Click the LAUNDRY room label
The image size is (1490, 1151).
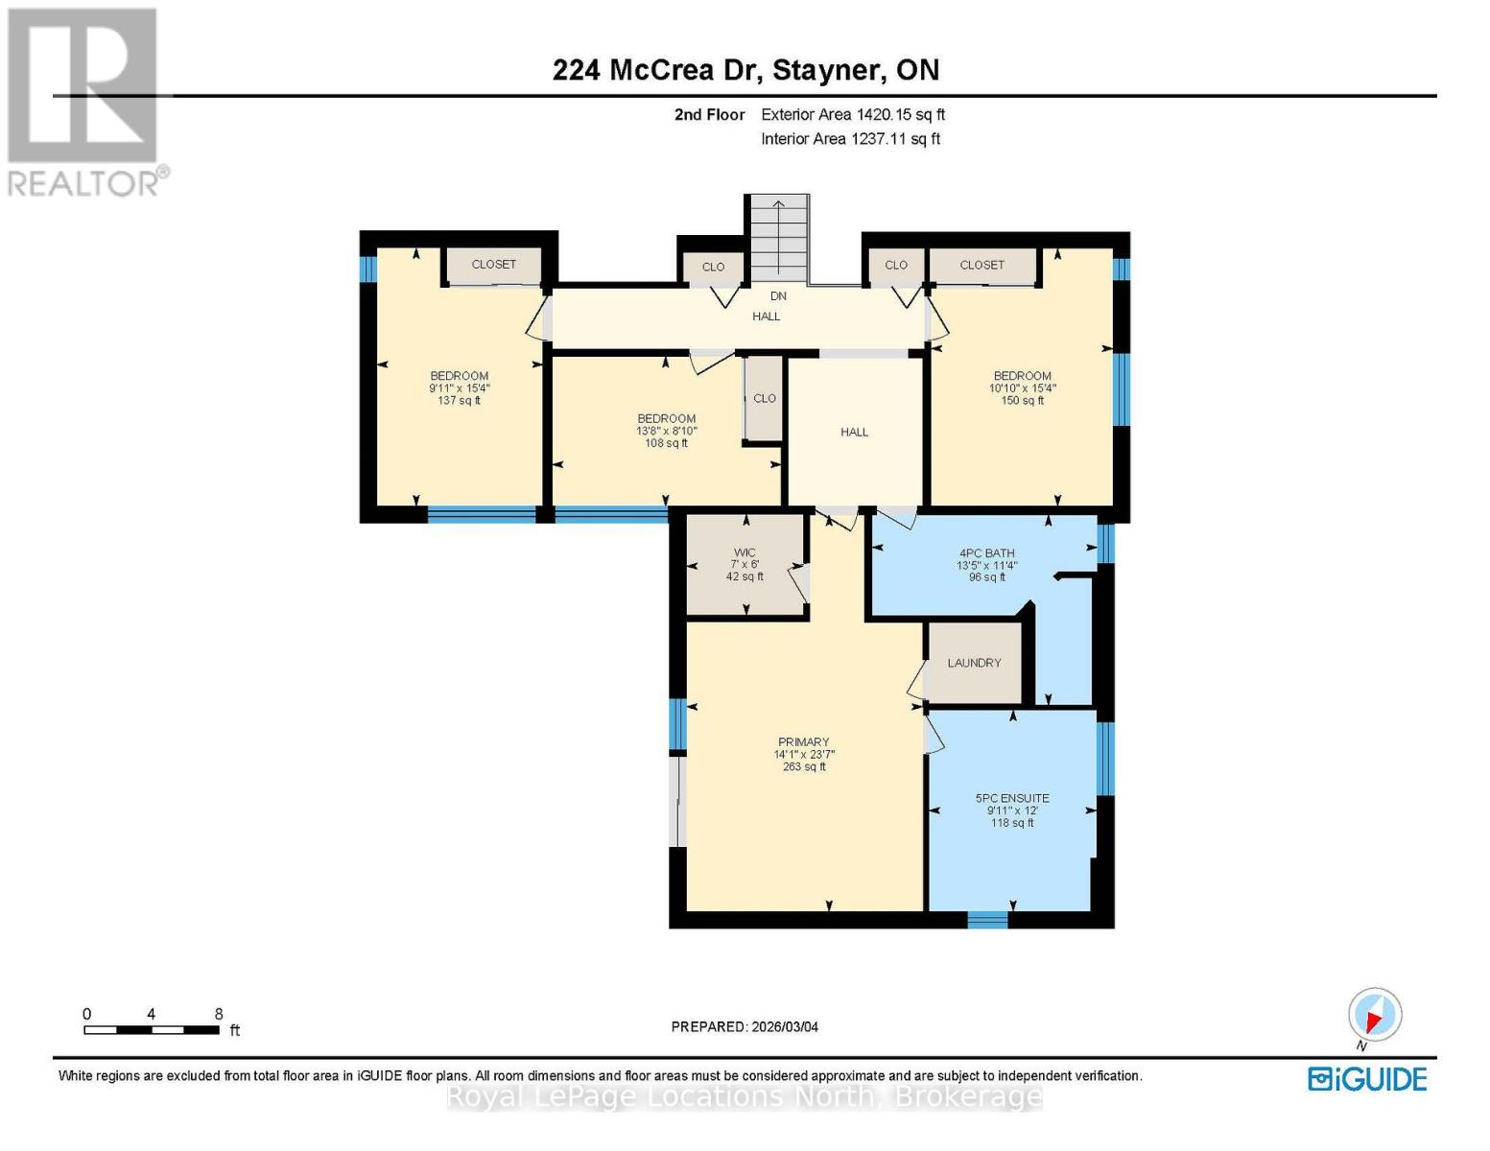pyautogui.click(x=974, y=663)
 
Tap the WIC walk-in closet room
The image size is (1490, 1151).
pyautogui.click(x=745, y=564)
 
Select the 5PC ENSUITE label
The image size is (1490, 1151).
pyautogui.click(x=1012, y=798)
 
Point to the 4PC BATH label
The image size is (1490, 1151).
pyautogui.click(x=986, y=553)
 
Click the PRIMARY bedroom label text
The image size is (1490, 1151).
pyautogui.click(x=803, y=742)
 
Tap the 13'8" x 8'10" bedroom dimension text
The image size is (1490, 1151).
pyautogui.click(x=666, y=431)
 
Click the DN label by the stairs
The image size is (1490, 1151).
pyautogui.click(x=778, y=296)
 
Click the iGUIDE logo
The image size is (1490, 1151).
pyautogui.click(x=1367, y=1079)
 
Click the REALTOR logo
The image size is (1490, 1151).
pyautogui.click(x=84, y=101)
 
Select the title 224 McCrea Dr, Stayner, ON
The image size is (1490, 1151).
pyautogui.click(x=745, y=70)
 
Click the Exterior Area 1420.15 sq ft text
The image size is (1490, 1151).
pyautogui.click(x=853, y=114)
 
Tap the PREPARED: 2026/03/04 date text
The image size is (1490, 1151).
pyautogui.click(x=745, y=1026)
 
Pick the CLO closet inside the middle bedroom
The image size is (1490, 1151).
pyautogui.click(x=764, y=399)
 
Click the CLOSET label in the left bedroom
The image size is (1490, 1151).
pyautogui.click(x=493, y=265)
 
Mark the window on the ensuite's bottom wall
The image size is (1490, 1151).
pyautogui.click(x=987, y=920)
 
